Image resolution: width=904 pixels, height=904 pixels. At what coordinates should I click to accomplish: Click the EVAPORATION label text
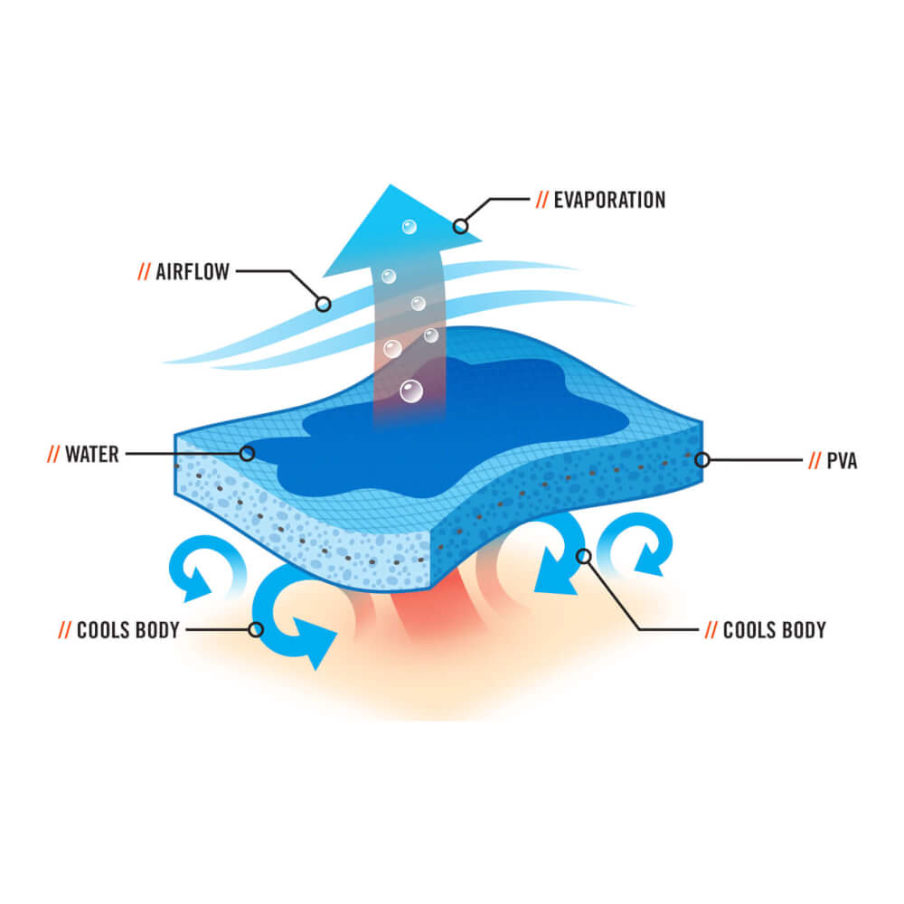point(609,200)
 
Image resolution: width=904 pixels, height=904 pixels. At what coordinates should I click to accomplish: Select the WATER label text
point(92,453)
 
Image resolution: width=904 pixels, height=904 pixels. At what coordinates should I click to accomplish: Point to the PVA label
point(843,461)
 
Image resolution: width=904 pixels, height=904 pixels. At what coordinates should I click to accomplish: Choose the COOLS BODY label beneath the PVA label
point(775,630)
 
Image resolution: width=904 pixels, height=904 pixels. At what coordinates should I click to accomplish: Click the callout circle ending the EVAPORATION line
point(461,226)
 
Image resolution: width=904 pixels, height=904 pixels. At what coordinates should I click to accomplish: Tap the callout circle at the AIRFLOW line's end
point(324,305)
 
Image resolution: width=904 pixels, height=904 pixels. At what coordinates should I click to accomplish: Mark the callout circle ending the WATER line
point(247,453)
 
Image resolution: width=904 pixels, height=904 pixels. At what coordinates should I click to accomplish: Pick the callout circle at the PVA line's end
point(702,460)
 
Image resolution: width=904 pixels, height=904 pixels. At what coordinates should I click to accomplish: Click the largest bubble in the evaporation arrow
point(411,391)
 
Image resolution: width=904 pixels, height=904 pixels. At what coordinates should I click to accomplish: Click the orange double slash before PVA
point(815,461)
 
